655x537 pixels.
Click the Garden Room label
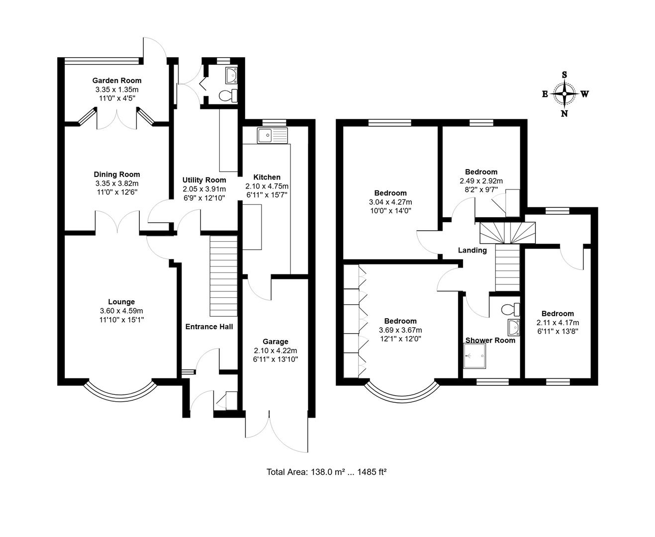(117, 81)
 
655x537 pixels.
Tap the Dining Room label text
(117, 175)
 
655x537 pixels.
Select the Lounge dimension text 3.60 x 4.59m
(121, 311)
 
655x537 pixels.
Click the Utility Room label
(204, 180)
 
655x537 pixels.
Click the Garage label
(276, 342)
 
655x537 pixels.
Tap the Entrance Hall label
(209, 327)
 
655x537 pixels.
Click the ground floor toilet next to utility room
(229, 95)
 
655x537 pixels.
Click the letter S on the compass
(564, 75)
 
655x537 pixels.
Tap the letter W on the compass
(584, 94)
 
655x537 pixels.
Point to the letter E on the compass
(545, 94)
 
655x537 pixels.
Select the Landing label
(472, 250)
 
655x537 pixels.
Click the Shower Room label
(490, 340)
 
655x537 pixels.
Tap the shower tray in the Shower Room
(474, 357)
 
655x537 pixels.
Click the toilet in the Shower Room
(510, 310)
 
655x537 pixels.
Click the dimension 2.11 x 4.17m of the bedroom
(558, 322)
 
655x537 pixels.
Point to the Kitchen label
(267, 177)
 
